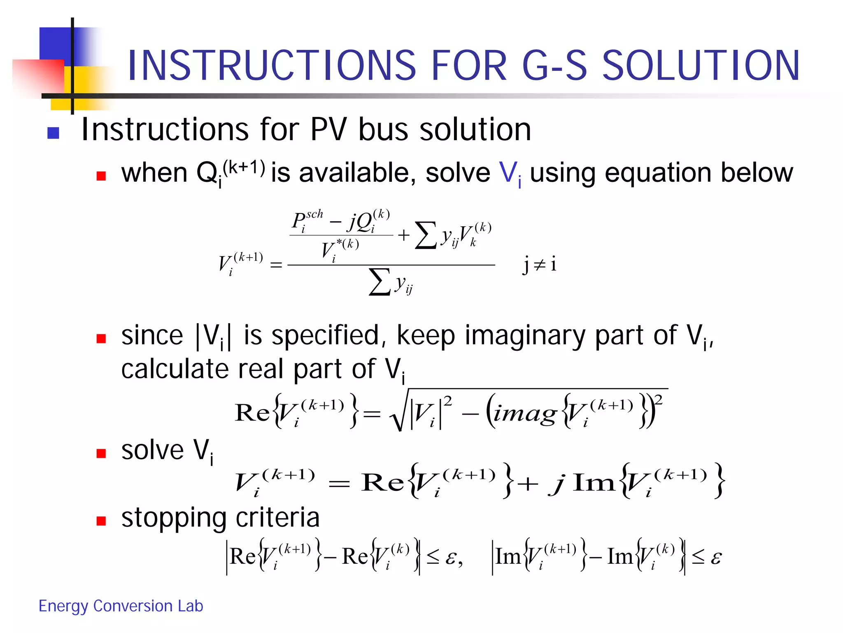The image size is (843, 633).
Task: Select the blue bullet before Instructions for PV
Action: point(54,133)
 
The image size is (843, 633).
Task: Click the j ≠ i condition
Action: point(539,264)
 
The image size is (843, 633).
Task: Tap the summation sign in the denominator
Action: point(380,283)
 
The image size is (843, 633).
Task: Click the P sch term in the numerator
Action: point(307,221)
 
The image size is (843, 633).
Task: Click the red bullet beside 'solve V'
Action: point(101,453)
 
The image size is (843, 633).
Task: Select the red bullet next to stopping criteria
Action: point(101,521)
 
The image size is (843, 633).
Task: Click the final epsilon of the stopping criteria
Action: point(716,558)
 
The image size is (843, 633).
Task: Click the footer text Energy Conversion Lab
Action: point(121,606)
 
